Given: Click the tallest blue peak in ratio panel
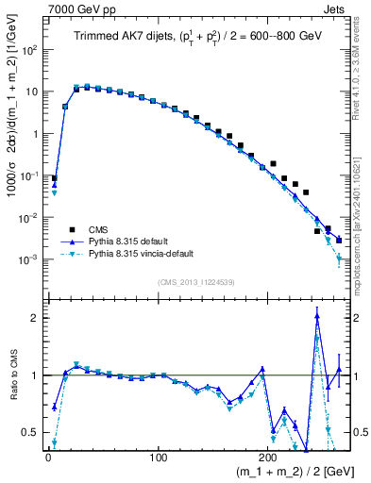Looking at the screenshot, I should coord(317,316).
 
